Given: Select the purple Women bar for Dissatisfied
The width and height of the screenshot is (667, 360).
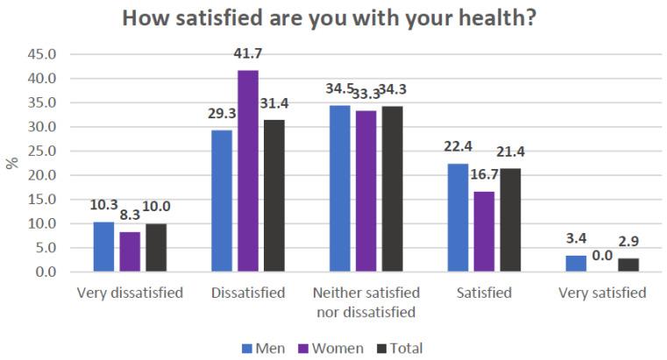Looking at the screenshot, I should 247,172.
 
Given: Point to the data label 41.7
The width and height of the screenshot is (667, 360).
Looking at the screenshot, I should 248,55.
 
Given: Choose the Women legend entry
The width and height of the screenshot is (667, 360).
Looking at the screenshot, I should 328,349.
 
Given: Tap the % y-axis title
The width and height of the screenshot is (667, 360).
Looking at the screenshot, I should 12,163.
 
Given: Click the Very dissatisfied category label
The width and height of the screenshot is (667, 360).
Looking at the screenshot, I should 130,293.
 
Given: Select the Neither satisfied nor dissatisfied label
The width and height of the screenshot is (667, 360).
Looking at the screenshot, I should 367,301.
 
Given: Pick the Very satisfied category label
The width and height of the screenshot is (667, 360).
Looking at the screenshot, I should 601,293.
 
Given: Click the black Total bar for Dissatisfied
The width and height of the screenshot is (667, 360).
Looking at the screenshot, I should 273,196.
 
